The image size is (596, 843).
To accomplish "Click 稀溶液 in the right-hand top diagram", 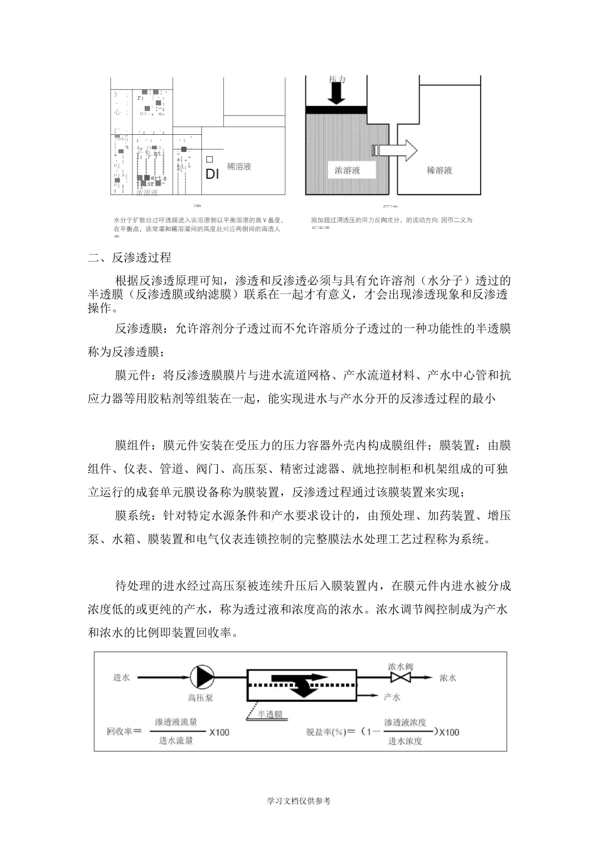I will point(439,170).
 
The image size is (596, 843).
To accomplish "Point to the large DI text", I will point(212,174).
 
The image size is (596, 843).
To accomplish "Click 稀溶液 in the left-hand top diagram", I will point(239,167).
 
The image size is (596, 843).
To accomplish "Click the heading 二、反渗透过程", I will point(130,258).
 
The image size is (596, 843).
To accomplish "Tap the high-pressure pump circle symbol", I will point(201,677).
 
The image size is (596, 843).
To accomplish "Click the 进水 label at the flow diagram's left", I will point(121,677).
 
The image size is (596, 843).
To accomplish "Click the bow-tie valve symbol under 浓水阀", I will point(400,678).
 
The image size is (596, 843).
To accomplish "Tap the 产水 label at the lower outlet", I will point(392,697).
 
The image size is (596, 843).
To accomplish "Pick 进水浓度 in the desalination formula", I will point(405,741).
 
